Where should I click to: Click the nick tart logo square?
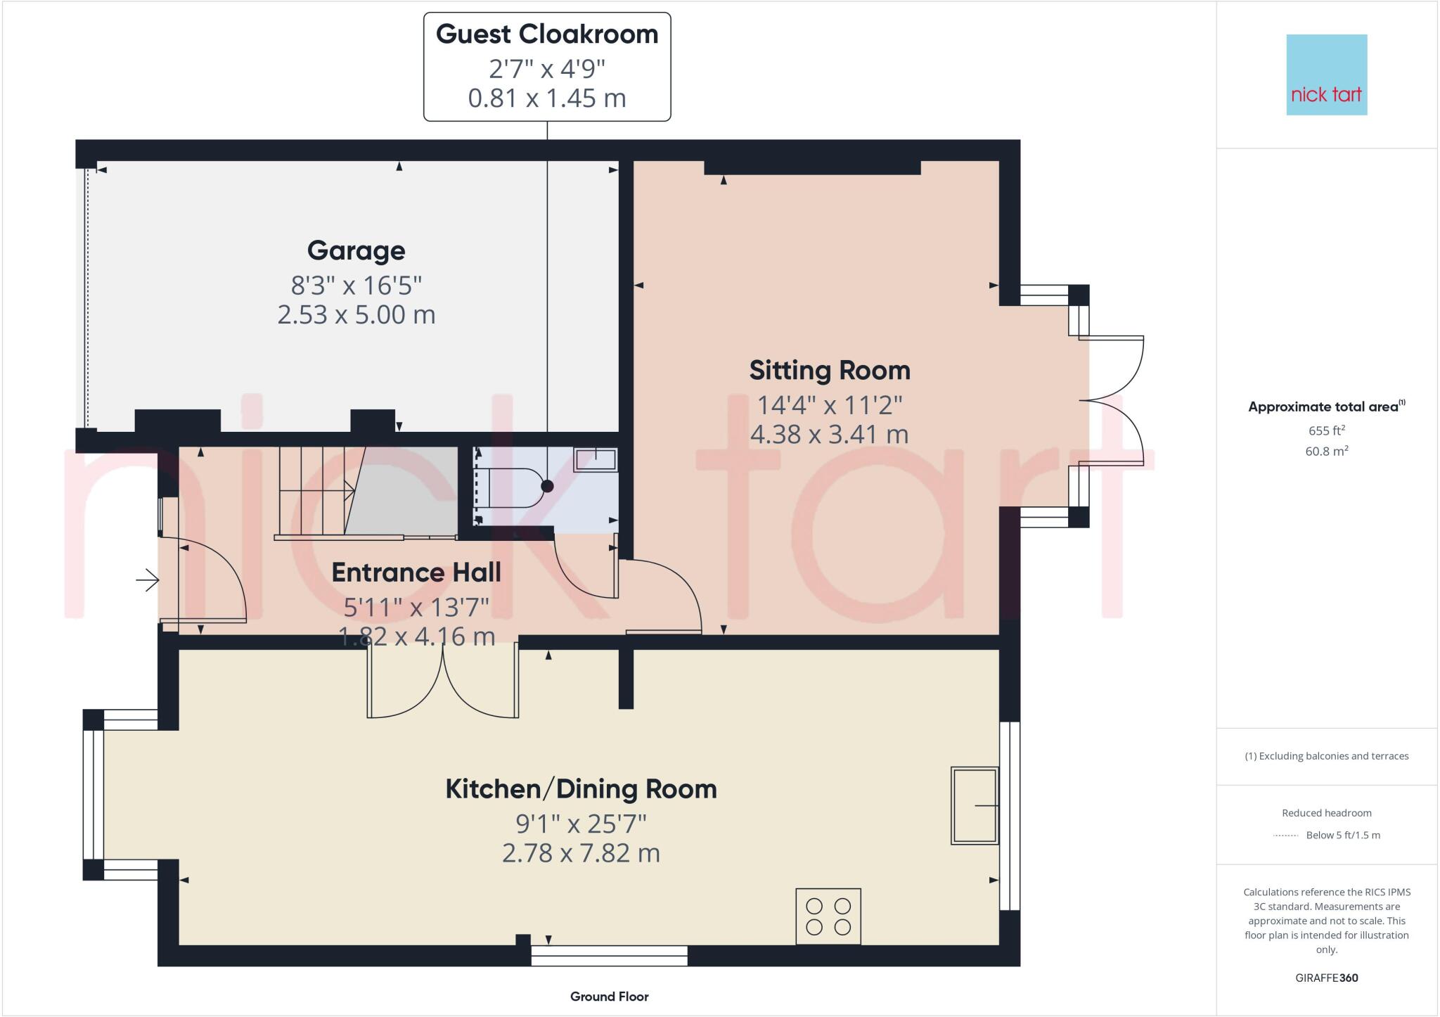point(1326,75)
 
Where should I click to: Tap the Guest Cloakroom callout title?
point(547,34)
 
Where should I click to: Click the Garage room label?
point(356,250)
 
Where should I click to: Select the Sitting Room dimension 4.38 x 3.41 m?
point(829,435)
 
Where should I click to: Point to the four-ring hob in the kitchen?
point(828,916)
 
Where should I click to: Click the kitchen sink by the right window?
point(975,805)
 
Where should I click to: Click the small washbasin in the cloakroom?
point(595,460)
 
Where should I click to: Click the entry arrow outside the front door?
point(148,580)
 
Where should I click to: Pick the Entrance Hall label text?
point(416,573)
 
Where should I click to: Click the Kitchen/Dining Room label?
point(581,789)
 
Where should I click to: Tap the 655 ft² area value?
point(1326,430)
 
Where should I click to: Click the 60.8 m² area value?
point(1326,452)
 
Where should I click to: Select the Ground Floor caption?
point(609,997)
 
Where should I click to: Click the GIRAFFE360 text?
point(1326,978)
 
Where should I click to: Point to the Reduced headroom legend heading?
point(1326,813)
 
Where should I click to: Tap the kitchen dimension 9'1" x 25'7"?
point(581,823)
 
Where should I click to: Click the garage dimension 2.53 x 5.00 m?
point(356,314)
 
